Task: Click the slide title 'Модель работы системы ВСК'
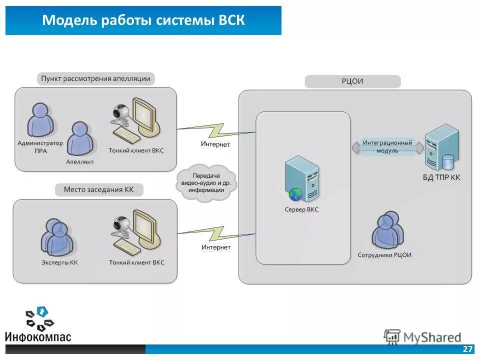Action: point(143,21)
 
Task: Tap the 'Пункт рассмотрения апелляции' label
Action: point(95,79)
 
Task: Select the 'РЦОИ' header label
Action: point(352,81)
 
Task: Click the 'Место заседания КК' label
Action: point(98,190)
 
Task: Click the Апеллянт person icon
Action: point(79,138)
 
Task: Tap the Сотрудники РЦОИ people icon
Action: point(387,230)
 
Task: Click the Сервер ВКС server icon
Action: point(301,179)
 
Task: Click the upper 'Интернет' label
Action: point(215,144)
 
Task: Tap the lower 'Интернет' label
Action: point(216,247)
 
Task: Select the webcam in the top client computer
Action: point(121,113)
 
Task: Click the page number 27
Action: point(468,349)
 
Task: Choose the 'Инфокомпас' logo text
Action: point(38,336)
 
